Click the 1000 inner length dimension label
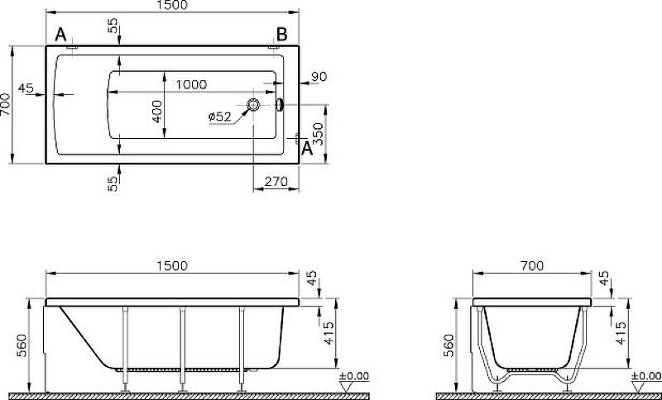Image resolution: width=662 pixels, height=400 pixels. click(191, 85)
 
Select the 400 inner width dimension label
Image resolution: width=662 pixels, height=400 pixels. click(157, 112)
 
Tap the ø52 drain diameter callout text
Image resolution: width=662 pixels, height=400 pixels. click(220, 117)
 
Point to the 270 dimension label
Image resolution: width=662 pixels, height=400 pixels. click(276, 182)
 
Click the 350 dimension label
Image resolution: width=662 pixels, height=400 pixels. click(319, 134)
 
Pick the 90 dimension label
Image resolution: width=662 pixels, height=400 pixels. click(319, 77)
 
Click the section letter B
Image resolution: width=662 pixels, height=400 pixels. click(281, 35)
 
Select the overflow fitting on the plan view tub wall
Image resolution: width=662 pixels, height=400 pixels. click(280, 105)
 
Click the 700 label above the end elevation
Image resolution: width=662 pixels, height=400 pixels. click(532, 266)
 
